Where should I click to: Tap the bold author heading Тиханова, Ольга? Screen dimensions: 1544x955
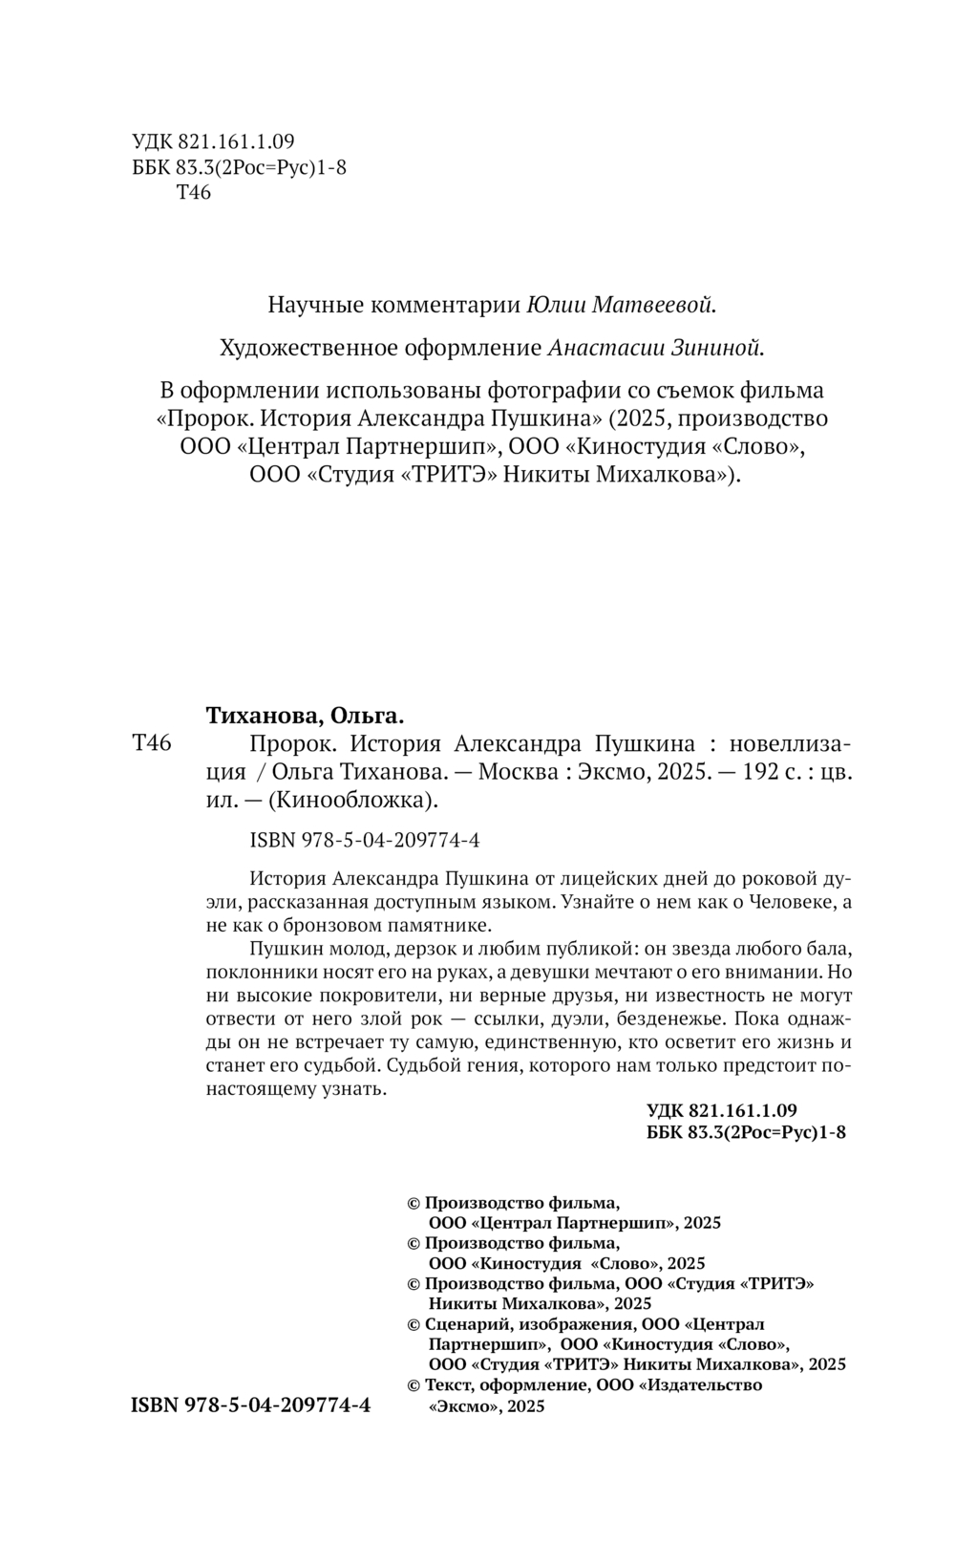(306, 715)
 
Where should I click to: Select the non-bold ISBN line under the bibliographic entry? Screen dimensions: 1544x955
(364, 841)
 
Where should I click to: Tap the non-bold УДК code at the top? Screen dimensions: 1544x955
(213, 143)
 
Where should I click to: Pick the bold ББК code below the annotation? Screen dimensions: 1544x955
(747, 1132)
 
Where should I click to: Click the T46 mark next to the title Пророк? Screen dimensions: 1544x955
(151, 743)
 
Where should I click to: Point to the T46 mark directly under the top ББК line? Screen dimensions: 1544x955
(194, 193)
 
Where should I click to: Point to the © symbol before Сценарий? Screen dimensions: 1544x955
(414, 1324)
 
